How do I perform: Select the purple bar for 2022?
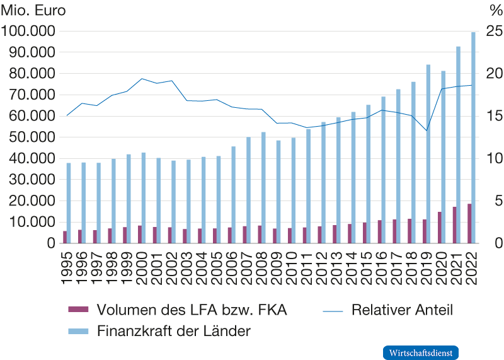tap(469, 223)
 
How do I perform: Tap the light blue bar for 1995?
tap(69, 202)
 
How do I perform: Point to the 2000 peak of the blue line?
tap(142, 79)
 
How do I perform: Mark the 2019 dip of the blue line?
tap(427, 131)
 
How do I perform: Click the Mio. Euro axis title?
tap(32, 11)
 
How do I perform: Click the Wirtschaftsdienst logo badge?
tap(420, 352)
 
